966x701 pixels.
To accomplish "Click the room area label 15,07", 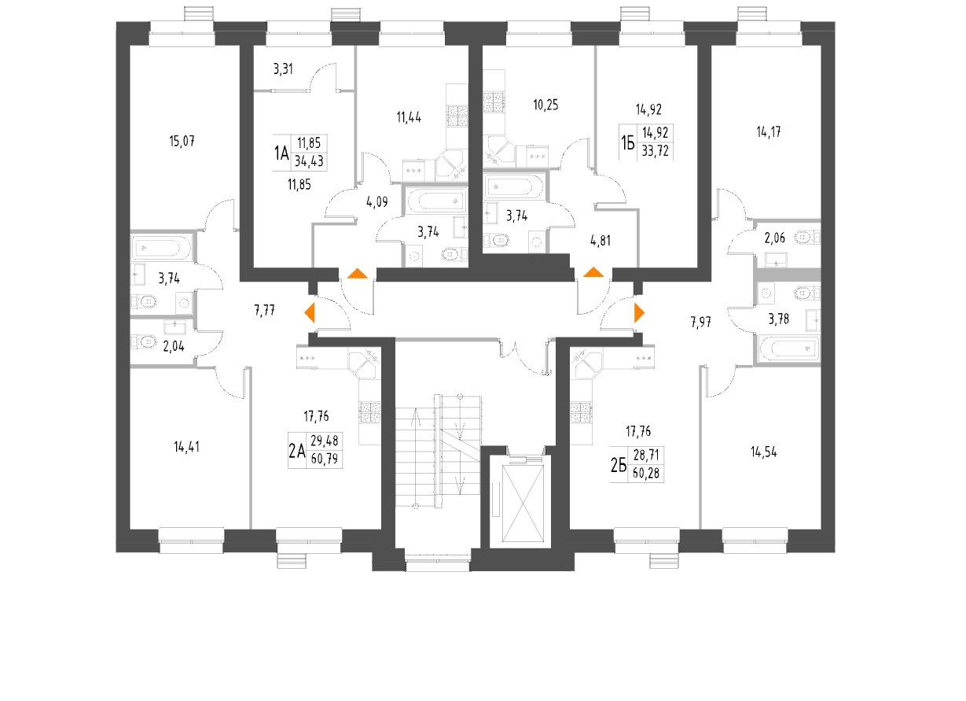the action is point(181,142).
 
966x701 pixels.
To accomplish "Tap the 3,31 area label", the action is point(283,69).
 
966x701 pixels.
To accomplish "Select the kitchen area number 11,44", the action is point(409,118).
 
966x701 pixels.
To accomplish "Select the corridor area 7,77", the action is point(264,311).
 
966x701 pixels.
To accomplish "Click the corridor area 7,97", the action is point(703,320).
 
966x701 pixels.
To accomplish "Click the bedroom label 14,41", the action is point(187,447).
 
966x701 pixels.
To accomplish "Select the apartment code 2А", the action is point(296,452).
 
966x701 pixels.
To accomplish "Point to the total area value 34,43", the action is point(309,160).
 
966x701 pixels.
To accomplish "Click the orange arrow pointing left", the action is point(310,312).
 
